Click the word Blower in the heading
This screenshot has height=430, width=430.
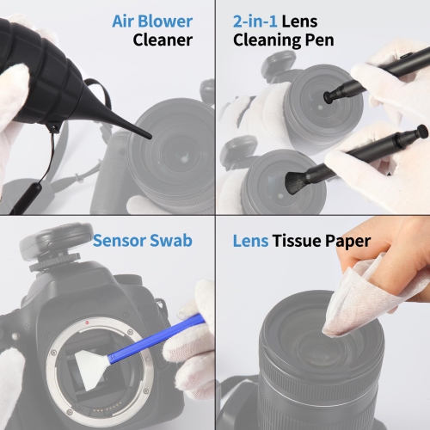[x=164, y=21]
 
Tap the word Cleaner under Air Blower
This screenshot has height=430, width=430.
[x=163, y=40]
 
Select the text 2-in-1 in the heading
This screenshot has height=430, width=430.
[x=261, y=21]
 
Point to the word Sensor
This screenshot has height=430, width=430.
[x=121, y=241]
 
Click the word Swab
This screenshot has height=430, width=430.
[x=172, y=241]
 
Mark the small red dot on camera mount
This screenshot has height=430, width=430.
[x=89, y=320]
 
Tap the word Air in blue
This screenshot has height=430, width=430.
[x=126, y=21]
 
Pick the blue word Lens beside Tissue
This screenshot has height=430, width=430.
[x=250, y=241]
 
